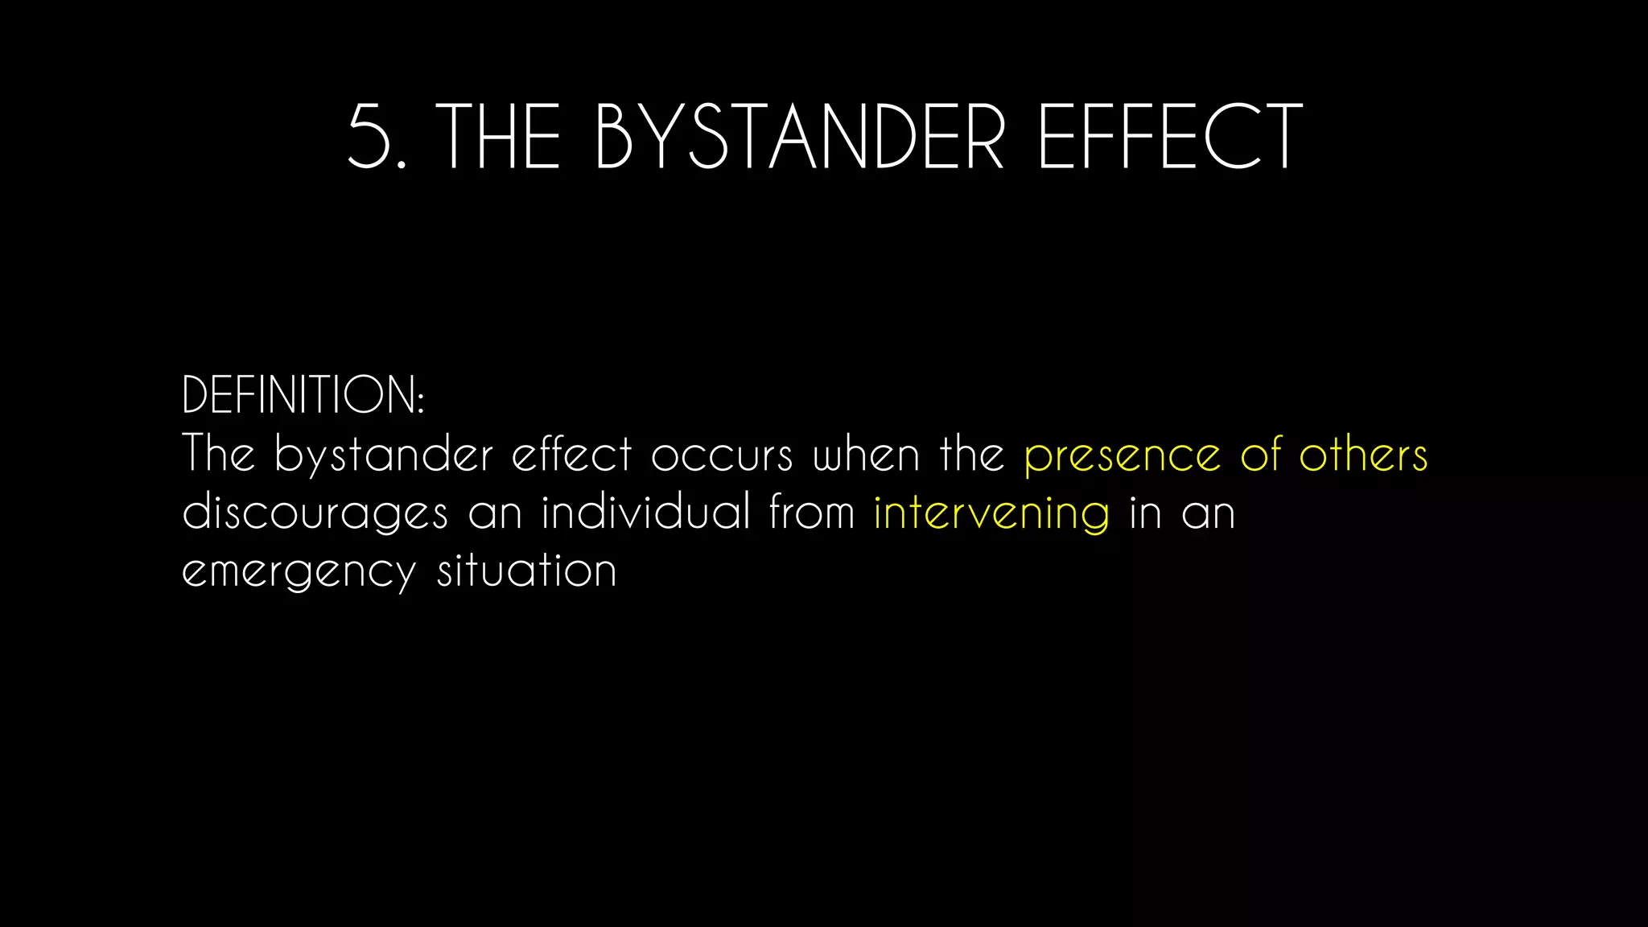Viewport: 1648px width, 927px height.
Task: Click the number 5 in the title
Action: pos(371,137)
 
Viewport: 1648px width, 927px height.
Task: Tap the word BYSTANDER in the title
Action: pos(800,137)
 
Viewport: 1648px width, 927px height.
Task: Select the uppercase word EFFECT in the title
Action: pos(1170,137)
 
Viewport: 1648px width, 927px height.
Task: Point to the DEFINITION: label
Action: pos(303,395)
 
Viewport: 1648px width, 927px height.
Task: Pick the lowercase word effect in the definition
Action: pos(572,455)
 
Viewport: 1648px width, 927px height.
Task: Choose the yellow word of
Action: pos(1260,455)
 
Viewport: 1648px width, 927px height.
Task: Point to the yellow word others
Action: pos(1363,455)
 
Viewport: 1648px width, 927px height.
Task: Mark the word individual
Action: pos(645,513)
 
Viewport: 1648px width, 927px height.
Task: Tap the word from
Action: pos(812,513)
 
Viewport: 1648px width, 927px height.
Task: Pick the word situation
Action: pos(527,571)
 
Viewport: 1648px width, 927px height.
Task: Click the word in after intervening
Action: pos(1145,513)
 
